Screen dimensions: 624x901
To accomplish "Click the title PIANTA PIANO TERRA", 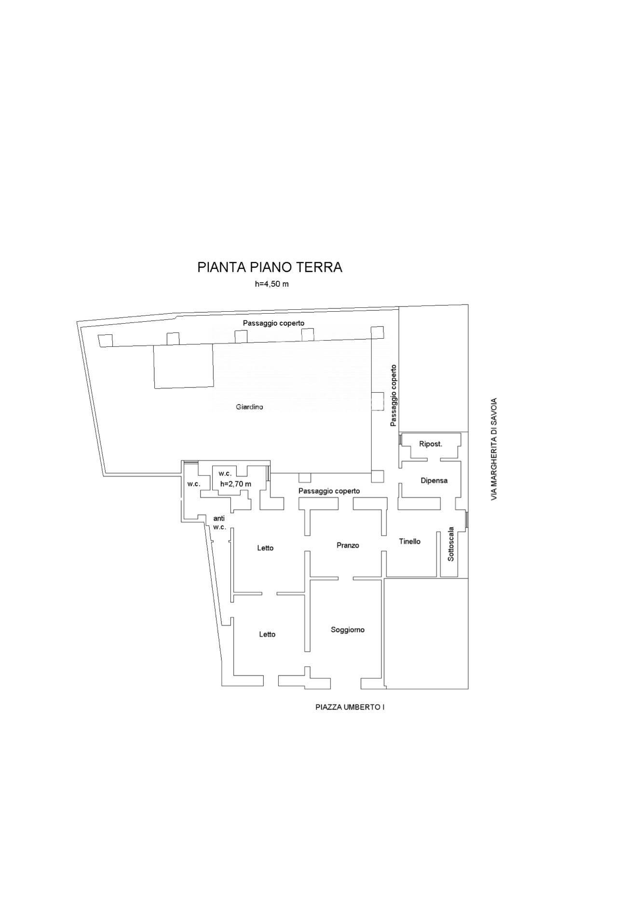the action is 270,267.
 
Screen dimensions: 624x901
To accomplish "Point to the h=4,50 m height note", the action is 272,284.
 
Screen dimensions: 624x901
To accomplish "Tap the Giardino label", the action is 249,407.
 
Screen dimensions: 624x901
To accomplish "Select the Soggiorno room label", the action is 348,630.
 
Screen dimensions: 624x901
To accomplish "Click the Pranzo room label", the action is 348,545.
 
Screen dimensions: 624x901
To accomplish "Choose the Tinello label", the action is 410,542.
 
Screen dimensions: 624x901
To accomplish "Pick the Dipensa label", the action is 434,480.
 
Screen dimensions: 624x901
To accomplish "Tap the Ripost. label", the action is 431,444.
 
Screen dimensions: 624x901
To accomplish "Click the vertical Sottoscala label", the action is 451,543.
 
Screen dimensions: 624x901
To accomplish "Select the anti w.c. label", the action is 219,523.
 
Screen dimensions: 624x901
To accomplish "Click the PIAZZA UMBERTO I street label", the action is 350,707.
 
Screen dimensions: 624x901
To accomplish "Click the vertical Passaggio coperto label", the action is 393,396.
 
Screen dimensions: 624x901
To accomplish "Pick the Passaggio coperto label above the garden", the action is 273,323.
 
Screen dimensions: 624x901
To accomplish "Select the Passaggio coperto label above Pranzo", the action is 329,491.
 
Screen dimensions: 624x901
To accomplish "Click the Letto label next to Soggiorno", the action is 267,634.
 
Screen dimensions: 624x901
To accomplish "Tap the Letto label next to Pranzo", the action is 265,548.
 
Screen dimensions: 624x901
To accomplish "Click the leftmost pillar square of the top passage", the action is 105,340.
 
